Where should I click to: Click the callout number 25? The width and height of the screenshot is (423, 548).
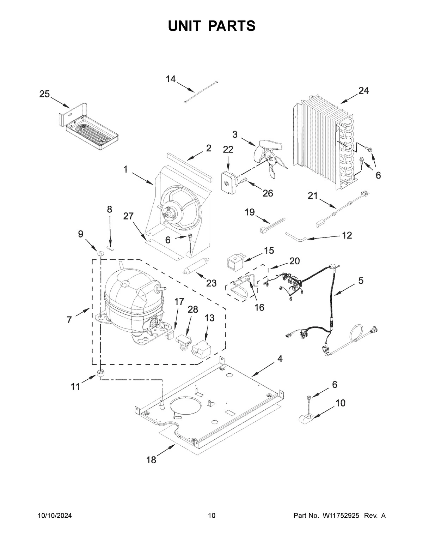44,94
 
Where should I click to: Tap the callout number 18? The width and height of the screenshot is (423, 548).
151,460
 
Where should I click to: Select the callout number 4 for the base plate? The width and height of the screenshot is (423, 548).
280,359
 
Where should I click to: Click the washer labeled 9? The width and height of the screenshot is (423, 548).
100,253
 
